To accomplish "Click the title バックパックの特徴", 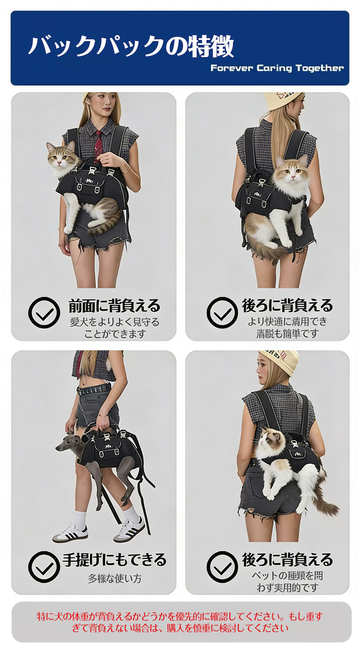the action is click(131, 46).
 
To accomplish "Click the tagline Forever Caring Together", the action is click(277, 68).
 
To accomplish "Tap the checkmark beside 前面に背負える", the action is click(44, 313).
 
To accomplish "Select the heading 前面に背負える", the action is click(114, 306).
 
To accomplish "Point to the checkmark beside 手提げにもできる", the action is click(44, 567).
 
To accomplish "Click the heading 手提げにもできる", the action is click(114, 560).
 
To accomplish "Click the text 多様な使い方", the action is click(114, 578).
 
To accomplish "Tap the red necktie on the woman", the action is click(98, 142).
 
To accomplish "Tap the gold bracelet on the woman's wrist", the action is click(127, 171).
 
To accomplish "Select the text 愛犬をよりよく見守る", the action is click(114, 322).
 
